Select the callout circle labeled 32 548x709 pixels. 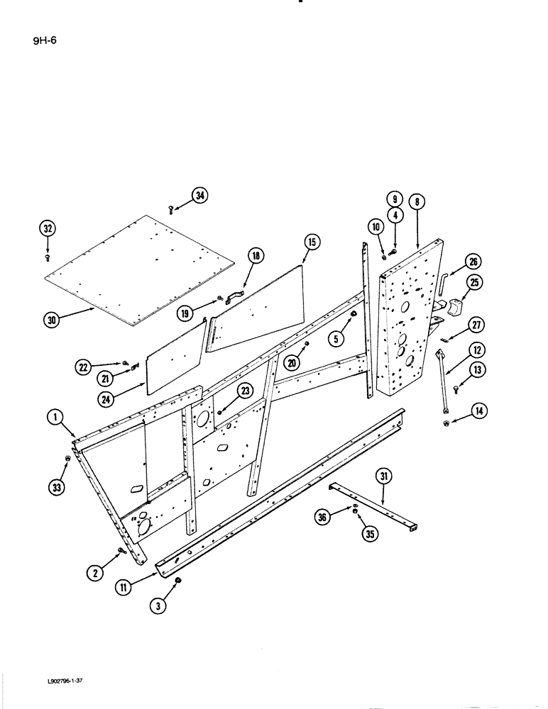[48, 228]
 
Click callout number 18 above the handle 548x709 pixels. [256, 256]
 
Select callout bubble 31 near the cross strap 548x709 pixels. [384, 479]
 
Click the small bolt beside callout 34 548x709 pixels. [172, 208]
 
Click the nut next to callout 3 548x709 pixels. [177, 581]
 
